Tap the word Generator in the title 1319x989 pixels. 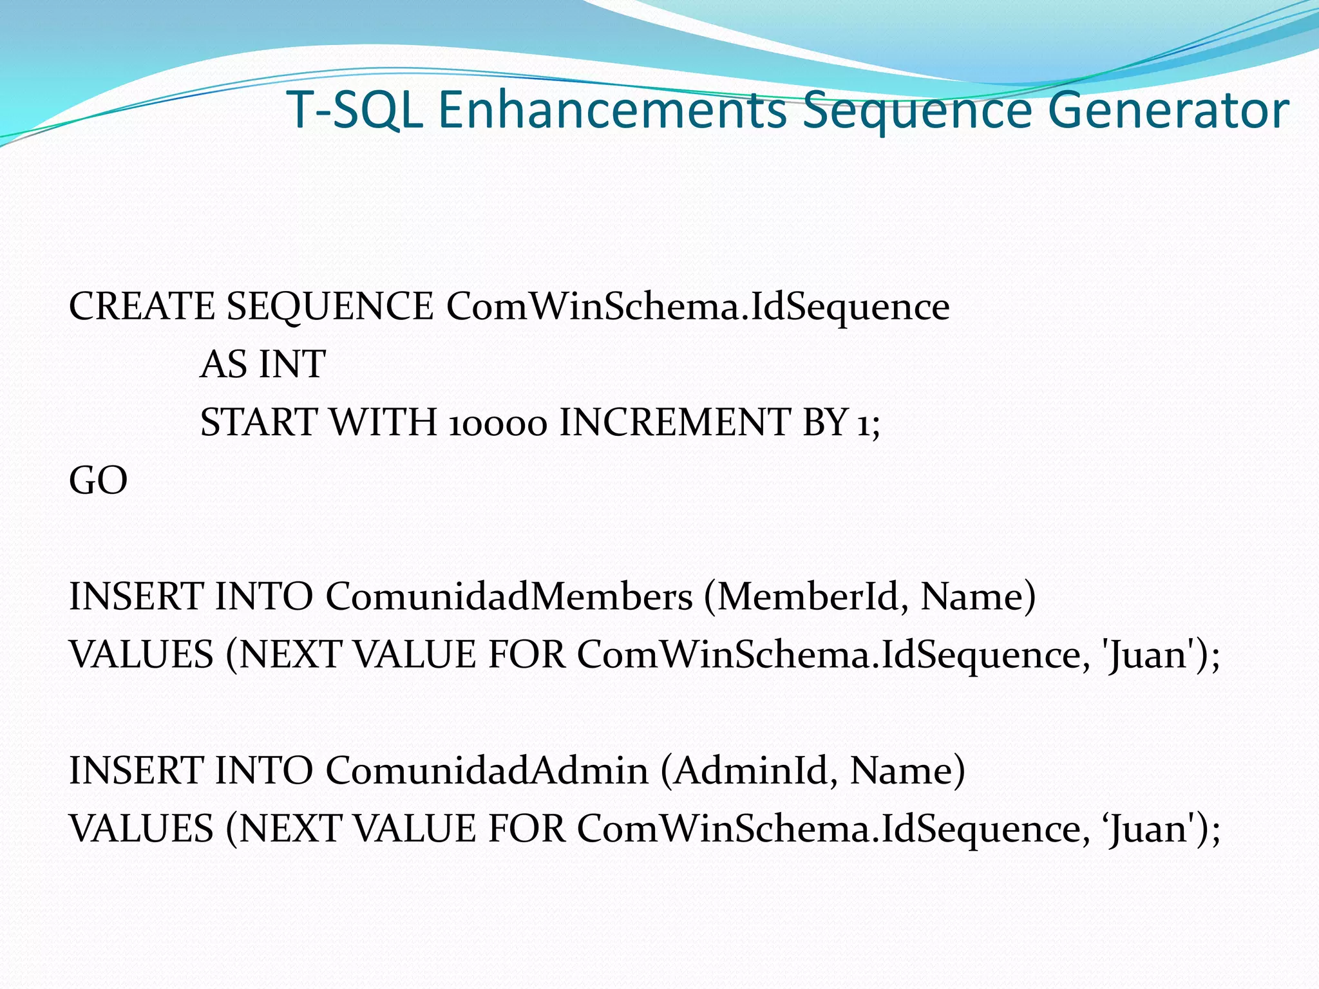pos(1172,111)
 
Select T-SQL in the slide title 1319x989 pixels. pos(355,109)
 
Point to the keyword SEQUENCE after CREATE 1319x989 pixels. pos(330,306)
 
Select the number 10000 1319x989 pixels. pos(497,424)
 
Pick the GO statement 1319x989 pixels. pos(98,480)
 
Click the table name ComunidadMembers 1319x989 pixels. pos(509,596)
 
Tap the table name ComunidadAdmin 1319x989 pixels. pos(487,770)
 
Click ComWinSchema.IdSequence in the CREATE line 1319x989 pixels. pos(697,306)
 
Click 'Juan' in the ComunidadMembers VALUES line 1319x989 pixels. pos(1149,655)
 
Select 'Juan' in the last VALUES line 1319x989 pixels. pos(1149,829)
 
